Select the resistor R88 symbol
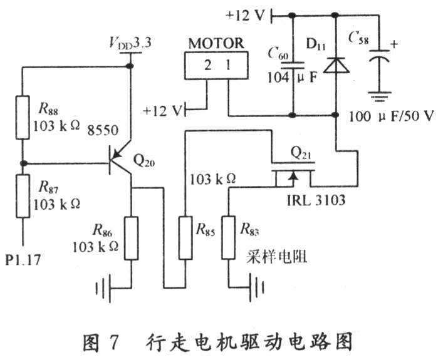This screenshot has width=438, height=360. (x=23, y=117)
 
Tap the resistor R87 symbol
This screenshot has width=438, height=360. (x=23, y=196)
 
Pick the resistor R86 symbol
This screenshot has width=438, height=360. (x=131, y=238)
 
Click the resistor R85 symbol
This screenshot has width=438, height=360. (x=185, y=238)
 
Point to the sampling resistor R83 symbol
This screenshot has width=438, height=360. (x=229, y=238)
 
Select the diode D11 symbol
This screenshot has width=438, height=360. (x=336, y=64)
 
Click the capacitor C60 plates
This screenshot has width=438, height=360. (x=292, y=65)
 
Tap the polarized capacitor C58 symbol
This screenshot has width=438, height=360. (x=379, y=55)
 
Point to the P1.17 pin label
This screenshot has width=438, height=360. (x=23, y=260)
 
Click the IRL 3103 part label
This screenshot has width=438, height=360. (x=316, y=200)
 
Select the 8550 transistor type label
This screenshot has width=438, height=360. (x=103, y=130)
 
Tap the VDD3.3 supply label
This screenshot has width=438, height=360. (x=130, y=43)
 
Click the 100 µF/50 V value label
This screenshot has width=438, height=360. (x=392, y=116)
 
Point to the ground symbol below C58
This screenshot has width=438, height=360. (x=379, y=96)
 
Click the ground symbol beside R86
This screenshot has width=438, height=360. (x=104, y=288)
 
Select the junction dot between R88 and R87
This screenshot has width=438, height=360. (x=24, y=163)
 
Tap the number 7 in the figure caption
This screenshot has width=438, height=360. (x=113, y=342)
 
